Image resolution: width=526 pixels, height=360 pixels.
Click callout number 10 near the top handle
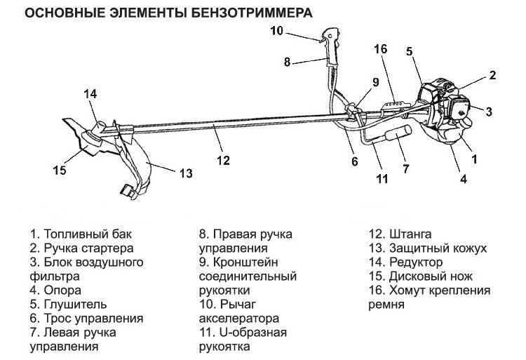[276, 30]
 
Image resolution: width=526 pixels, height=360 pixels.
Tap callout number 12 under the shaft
[223, 159]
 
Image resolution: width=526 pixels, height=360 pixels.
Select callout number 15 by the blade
[59, 169]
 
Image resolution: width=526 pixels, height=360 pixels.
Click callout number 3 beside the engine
[489, 111]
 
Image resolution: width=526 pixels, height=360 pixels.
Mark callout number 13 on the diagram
[185, 173]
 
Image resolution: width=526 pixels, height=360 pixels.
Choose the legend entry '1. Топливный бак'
[80, 234]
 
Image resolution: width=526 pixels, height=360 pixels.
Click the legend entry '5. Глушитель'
[68, 304]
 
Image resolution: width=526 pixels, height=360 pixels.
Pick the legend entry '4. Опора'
[55, 290]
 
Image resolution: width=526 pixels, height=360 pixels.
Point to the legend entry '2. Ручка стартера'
[81, 248]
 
